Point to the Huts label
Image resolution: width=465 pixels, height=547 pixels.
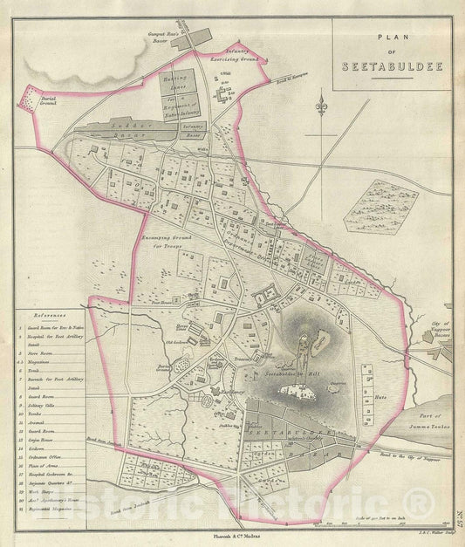(379, 395)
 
